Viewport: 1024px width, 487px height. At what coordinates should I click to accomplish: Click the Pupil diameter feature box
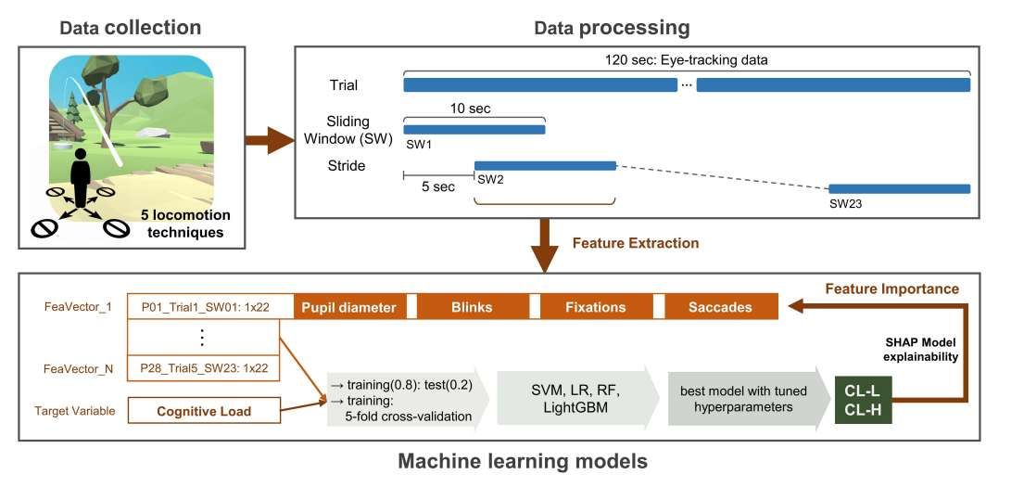click(348, 307)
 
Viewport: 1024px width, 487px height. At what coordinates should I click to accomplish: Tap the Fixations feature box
click(595, 307)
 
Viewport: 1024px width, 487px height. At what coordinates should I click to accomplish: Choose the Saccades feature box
click(721, 307)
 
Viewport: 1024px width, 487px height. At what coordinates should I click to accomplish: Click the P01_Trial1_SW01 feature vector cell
click(205, 307)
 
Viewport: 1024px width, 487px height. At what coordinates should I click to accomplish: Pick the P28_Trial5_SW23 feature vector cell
click(205, 368)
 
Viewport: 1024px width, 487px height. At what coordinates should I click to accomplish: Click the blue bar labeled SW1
click(474, 130)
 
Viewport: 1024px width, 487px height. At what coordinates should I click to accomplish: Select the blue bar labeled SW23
click(899, 188)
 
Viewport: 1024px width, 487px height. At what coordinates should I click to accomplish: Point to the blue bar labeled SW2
click(545, 165)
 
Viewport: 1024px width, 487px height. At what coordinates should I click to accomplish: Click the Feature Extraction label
click(635, 243)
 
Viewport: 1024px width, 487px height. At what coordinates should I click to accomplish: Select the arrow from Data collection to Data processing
click(268, 144)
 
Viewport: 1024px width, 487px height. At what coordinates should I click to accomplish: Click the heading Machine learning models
click(523, 460)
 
